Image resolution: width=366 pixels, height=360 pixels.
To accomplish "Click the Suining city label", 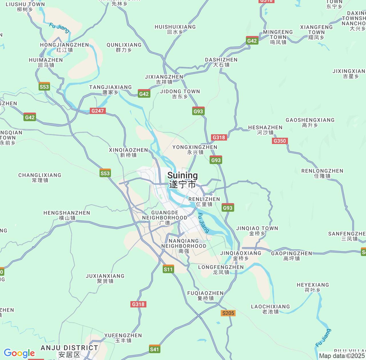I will (182, 180).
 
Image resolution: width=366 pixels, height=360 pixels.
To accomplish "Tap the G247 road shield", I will (98, 111).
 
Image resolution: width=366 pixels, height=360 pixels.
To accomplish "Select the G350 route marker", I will (279, 141).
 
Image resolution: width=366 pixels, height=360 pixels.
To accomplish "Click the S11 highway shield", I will (168, 269).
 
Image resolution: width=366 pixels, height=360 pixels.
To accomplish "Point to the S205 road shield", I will (228, 313).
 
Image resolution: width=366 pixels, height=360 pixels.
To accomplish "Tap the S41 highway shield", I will (154, 349).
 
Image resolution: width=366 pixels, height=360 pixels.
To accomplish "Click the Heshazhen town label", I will (265, 130).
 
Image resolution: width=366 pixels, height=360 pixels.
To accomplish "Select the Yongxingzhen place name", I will (195, 150).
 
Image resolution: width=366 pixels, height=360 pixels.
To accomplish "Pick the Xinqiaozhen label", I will (128, 153).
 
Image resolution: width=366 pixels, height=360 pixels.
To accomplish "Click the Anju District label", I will (69, 351).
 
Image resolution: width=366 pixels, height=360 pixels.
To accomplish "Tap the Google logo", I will (19, 353).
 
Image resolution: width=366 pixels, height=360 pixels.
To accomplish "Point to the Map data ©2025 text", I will (342, 356).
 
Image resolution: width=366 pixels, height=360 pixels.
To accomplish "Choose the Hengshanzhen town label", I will (67, 215).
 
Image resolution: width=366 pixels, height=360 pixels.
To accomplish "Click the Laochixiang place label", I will (270, 309).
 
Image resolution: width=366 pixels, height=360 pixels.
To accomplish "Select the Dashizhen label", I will (221, 62).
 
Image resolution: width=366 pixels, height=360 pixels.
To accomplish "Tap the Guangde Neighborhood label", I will (165, 218).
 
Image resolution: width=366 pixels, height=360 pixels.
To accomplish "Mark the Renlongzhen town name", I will (322, 173).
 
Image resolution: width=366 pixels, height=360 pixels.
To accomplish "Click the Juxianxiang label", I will (105, 279).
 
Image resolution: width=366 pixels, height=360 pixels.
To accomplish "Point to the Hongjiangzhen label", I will (65, 47).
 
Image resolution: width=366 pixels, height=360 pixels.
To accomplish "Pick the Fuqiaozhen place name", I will (205, 296).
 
